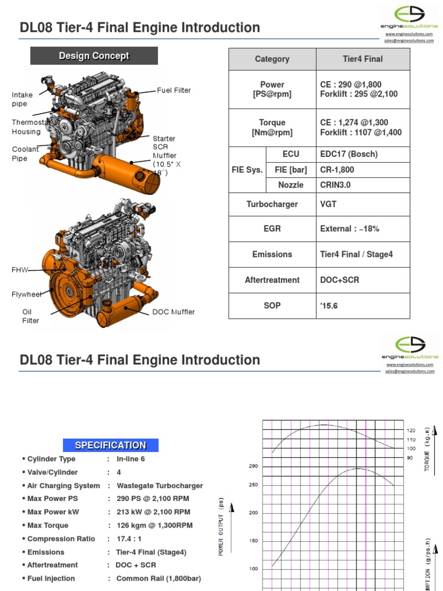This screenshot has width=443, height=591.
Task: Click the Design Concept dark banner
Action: (x=94, y=56)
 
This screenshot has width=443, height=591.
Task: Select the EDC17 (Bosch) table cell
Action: (x=348, y=154)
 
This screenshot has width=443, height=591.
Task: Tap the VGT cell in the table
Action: (x=329, y=203)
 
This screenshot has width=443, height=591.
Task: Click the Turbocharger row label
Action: (x=272, y=203)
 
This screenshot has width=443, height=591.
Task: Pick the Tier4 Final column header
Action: (x=362, y=59)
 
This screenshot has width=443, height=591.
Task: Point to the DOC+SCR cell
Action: (x=340, y=280)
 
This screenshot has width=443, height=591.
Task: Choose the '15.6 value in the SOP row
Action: (x=329, y=305)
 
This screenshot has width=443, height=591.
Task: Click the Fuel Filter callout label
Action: (x=174, y=91)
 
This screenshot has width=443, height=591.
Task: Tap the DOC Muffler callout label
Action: (x=173, y=312)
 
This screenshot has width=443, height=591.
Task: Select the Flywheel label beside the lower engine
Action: (x=27, y=294)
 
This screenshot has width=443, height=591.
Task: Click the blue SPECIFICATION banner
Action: (x=111, y=445)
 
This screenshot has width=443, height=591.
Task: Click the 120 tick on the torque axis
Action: (x=411, y=431)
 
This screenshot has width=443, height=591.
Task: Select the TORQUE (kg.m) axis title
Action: (x=427, y=450)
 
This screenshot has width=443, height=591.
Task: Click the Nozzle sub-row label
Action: (x=291, y=185)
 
